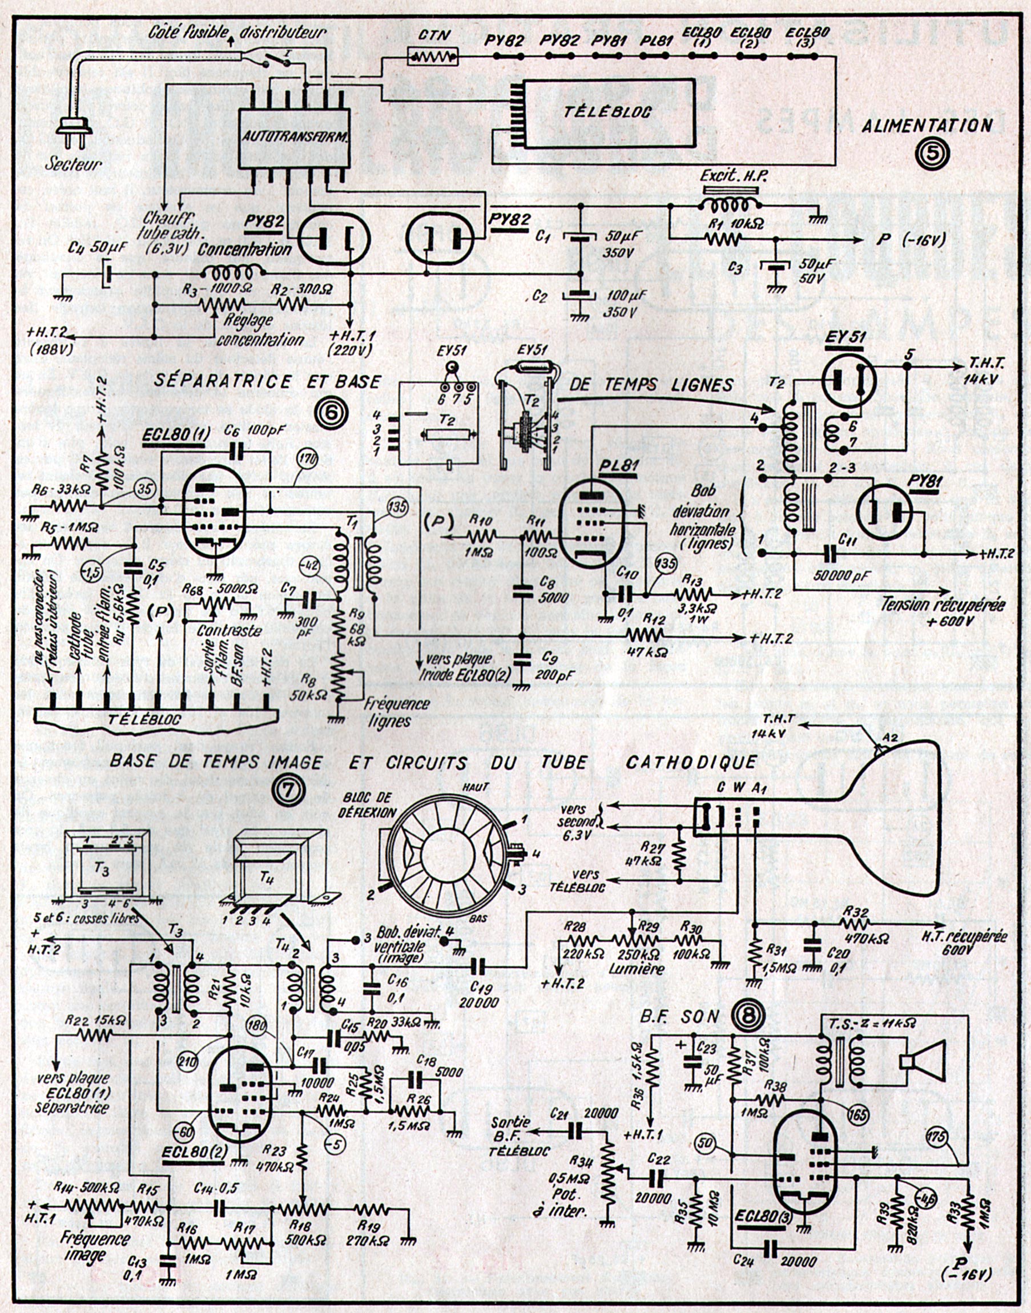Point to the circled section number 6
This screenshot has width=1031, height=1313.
(x=331, y=414)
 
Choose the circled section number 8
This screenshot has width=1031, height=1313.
(x=748, y=1017)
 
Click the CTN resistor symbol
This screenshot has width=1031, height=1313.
(x=433, y=57)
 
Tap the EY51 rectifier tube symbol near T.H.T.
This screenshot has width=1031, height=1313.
(x=850, y=381)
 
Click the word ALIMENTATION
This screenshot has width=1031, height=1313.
(x=927, y=126)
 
